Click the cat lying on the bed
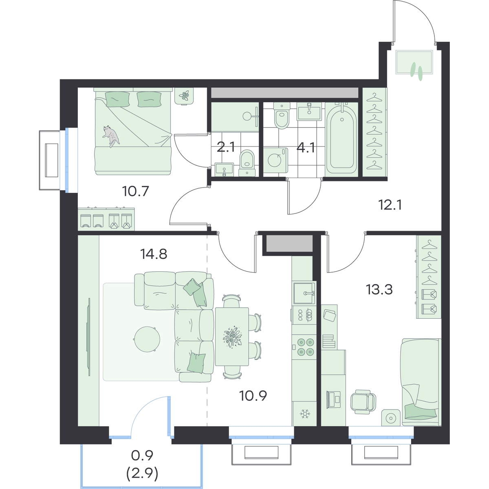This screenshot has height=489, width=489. (111, 136)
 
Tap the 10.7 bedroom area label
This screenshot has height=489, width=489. (135, 192)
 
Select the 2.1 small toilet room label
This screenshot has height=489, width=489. (226, 147)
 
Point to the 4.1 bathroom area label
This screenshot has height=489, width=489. (306, 148)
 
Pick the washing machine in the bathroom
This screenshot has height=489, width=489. (275, 161)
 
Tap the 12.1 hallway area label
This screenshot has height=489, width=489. (390, 205)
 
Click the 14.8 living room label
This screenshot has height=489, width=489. (154, 254)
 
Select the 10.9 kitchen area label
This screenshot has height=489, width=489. (253, 396)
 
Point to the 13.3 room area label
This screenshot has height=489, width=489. (379, 289)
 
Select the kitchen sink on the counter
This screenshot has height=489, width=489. (304, 293)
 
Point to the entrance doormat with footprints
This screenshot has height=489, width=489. (414, 62)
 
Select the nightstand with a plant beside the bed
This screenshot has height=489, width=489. (184, 96)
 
